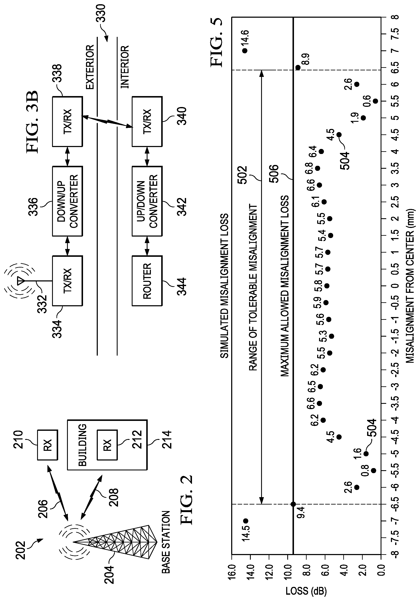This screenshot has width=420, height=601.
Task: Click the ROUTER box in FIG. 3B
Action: coord(147,281)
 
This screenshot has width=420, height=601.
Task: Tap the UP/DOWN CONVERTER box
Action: coord(147,201)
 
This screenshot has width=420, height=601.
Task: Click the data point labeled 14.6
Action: coord(245,51)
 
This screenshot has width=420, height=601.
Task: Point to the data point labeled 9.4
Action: coord(293,504)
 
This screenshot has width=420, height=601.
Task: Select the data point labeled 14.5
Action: coord(246,521)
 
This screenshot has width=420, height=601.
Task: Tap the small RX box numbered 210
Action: coord(47,445)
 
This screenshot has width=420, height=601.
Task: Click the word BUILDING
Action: coord(82,445)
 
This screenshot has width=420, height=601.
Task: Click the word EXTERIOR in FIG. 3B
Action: coord(90,67)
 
